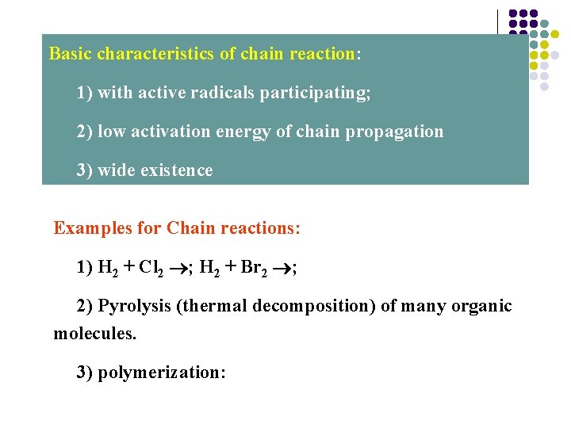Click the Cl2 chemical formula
click(x=151, y=268)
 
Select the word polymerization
click(x=159, y=373)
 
